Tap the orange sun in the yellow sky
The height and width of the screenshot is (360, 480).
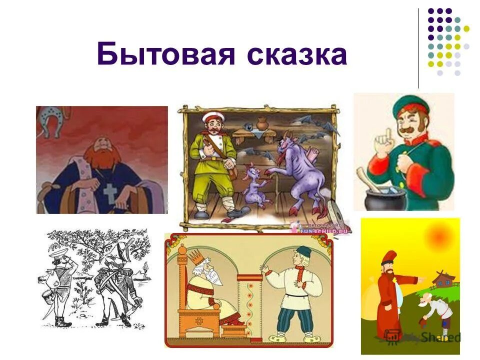pyautogui.click(x=440, y=234)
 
